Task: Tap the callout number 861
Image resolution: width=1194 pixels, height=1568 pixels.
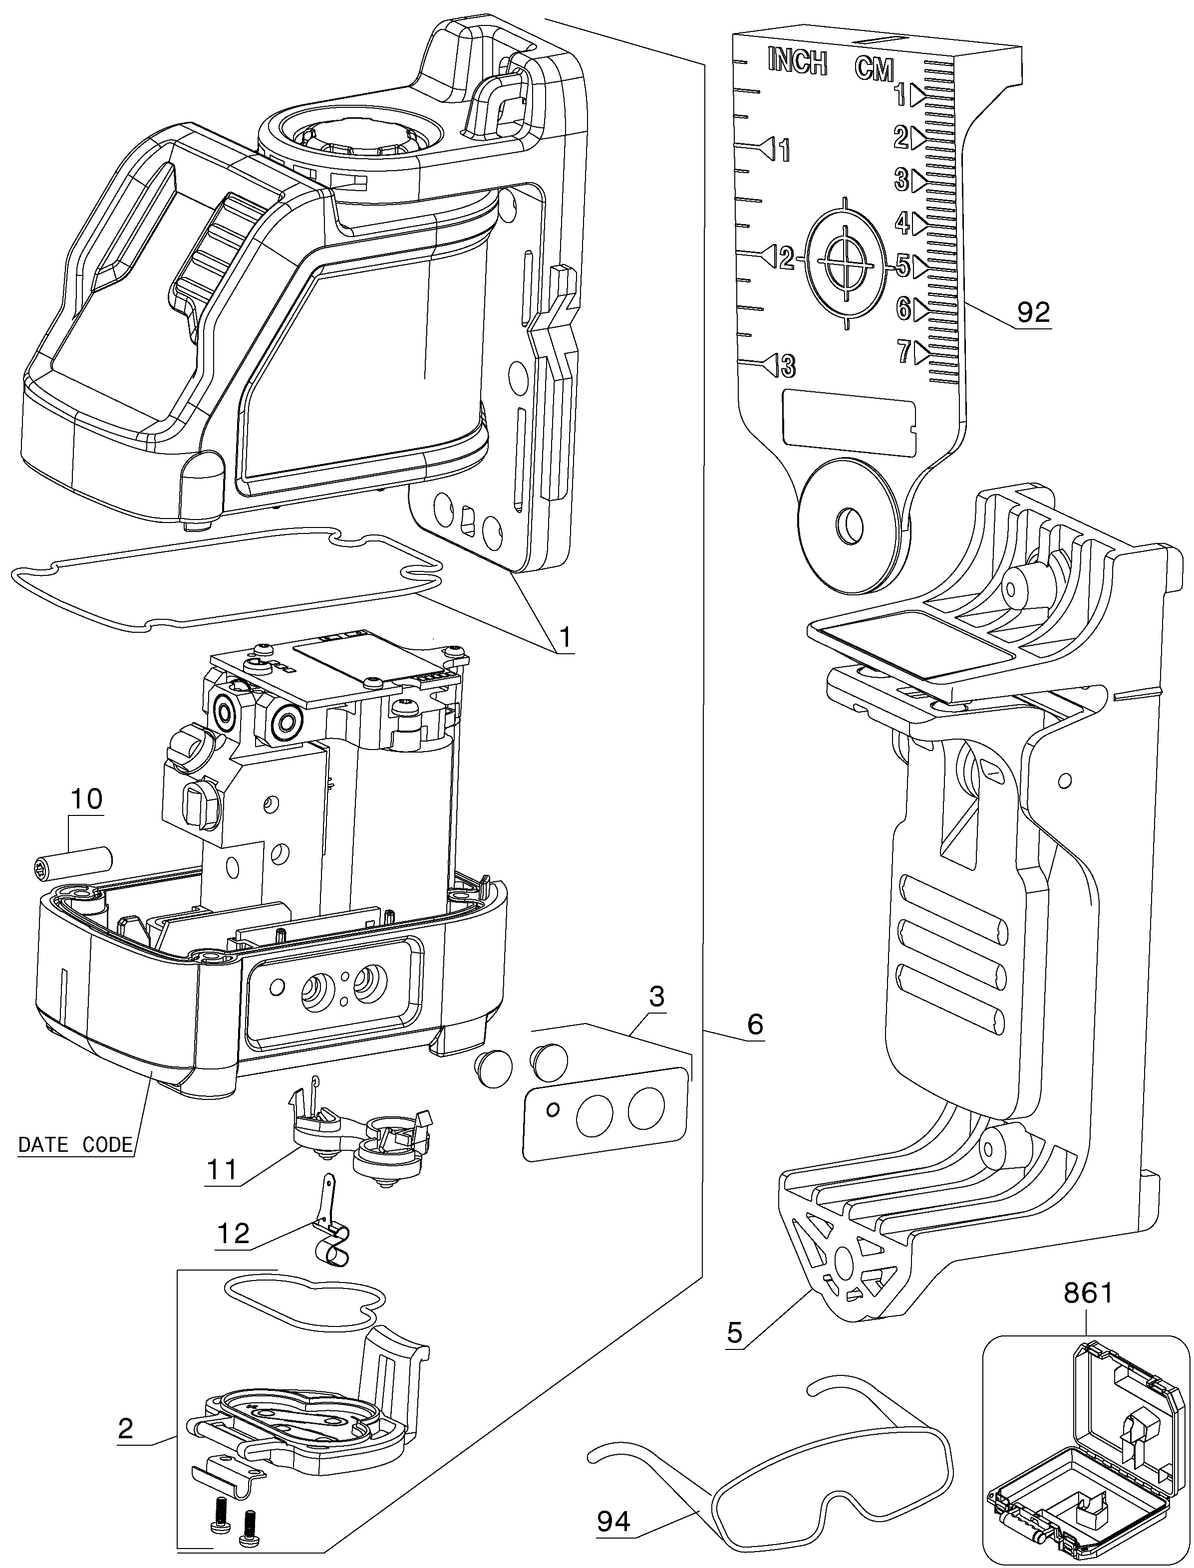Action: [x=1087, y=1293]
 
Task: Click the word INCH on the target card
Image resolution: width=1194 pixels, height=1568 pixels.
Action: [x=798, y=62]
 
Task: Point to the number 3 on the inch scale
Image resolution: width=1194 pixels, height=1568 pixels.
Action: [x=788, y=367]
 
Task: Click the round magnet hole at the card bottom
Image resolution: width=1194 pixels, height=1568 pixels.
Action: [x=850, y=527]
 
